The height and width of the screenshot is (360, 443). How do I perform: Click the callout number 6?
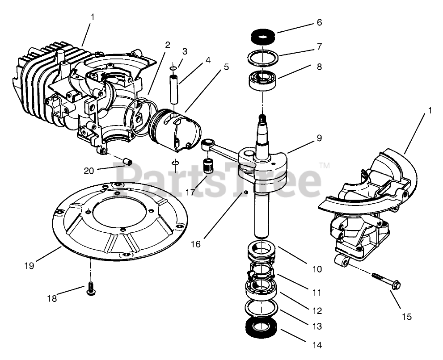point(318,22)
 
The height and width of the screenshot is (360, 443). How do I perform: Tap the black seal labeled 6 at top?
point(263,35)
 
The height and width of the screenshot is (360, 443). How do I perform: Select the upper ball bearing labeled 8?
point(263,80)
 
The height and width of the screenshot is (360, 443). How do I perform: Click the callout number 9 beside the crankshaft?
point(319,138)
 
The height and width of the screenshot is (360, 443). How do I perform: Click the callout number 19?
point(29,265)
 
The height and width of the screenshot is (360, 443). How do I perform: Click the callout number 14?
point(317,344)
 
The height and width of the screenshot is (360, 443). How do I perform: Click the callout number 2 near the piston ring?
point(167,45)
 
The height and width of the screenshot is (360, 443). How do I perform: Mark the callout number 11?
point(317,293)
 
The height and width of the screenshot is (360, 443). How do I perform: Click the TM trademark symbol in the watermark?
point(325,166)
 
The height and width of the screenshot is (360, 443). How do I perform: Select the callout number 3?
point(185,51)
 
